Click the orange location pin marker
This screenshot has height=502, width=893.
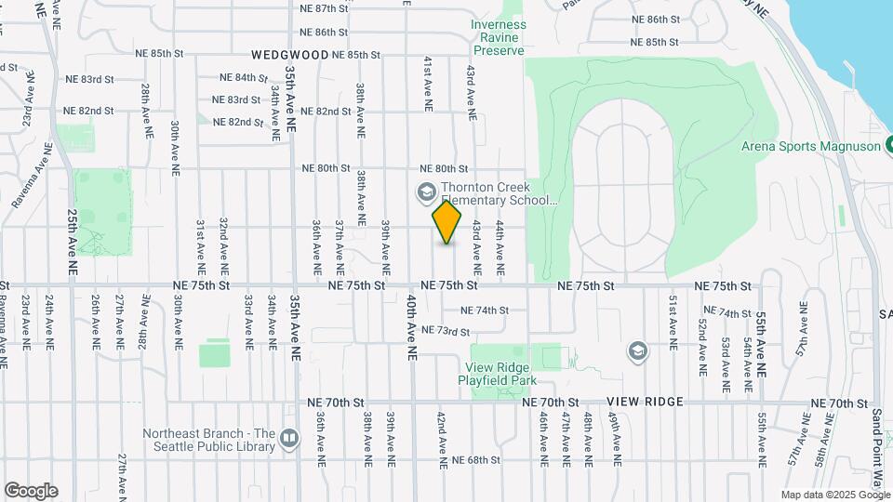[x=447, y=222]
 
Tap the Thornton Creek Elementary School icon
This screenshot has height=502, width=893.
[x=426, y=192]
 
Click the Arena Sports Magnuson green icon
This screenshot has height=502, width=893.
[x=889, y=145]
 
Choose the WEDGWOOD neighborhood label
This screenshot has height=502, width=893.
[x=289, y=55]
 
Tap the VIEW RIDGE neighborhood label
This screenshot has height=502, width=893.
[x=645, y=402]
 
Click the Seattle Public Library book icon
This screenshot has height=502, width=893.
[x=289, y=438]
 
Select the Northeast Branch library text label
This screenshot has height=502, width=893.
[x=209, y=440]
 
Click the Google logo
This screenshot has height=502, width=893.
[x=31, y=491]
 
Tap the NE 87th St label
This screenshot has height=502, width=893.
[x=324, y=8]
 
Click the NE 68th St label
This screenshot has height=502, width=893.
[x=477, y=460]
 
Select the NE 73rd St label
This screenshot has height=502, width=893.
[x=445, y=330]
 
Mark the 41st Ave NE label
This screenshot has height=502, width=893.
[x=428, y=85]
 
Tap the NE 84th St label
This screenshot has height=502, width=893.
[x=244, y=77]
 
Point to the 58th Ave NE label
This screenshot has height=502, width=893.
[x=822, y=448]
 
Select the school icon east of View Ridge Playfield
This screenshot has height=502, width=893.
[x=637, y=350]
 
